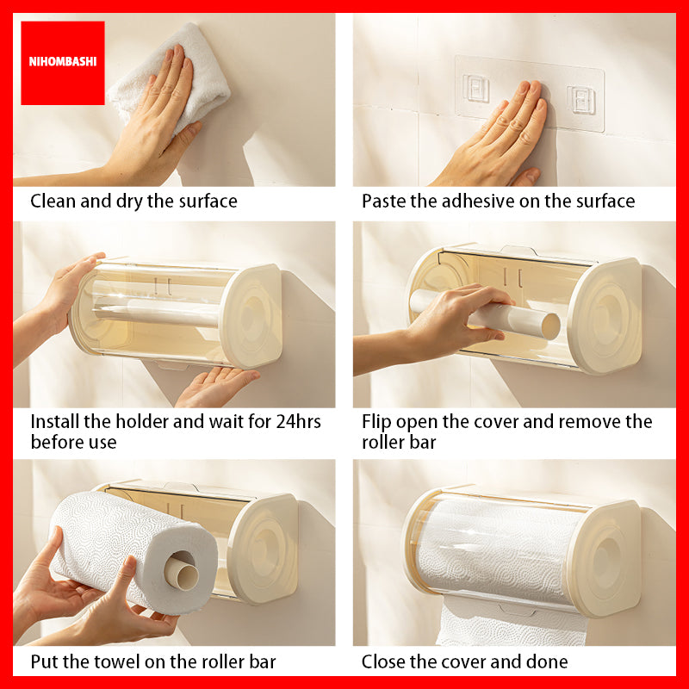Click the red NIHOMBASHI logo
[x=62, y=63]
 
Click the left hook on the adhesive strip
[x=475, y=88]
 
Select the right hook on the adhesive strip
[x=581, y=100]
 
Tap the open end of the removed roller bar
[x=550, y=326]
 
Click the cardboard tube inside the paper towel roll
[x=181, y=571]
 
